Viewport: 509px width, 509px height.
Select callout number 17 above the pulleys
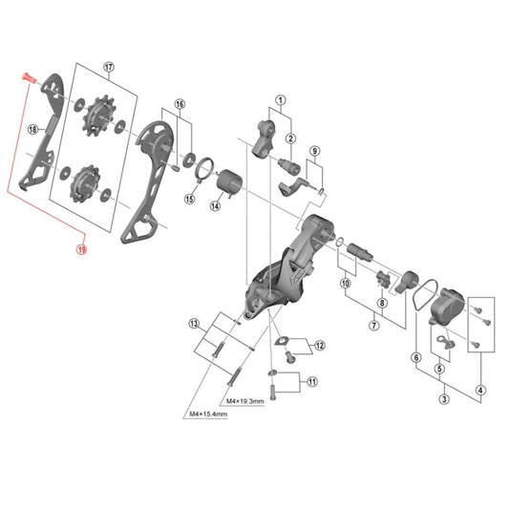click(x=109, y=67)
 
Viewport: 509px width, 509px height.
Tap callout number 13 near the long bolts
click(x=194, y=323)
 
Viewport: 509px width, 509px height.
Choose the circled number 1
click(x=281, y=99)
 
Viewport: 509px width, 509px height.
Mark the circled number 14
click(x=216, y=204)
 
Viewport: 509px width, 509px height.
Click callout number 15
click(x=189, y=199)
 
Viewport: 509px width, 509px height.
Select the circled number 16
click(x=178, y=102)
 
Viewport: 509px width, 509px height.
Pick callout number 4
click(x=479, y=390)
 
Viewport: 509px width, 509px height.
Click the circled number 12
click(x=320, y=345)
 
